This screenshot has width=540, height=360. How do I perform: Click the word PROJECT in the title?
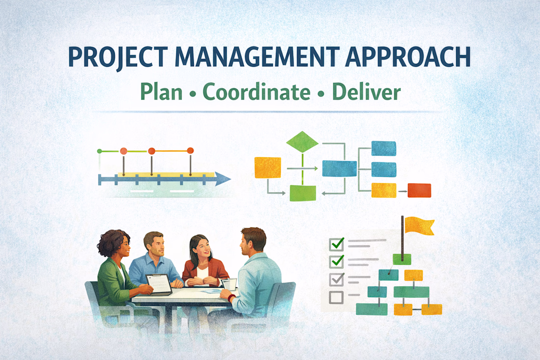118,57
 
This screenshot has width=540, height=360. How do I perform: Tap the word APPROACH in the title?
408,56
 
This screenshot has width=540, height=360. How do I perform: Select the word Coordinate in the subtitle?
257,92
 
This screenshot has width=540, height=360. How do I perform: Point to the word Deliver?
366,92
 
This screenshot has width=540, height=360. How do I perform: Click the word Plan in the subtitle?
161,92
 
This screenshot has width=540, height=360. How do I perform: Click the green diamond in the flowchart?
302,141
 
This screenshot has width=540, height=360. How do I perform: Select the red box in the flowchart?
419,191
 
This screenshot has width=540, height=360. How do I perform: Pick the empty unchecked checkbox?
336,297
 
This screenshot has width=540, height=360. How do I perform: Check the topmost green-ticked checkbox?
336,244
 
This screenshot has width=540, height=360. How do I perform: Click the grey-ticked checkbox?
336,279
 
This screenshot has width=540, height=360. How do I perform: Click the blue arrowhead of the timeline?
223,179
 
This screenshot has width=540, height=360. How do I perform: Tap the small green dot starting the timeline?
100,151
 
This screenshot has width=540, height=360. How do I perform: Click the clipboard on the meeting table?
159,284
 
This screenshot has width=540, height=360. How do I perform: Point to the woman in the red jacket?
204,262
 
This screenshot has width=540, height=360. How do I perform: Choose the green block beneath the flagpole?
402,259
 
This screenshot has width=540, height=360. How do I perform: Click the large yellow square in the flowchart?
268,167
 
